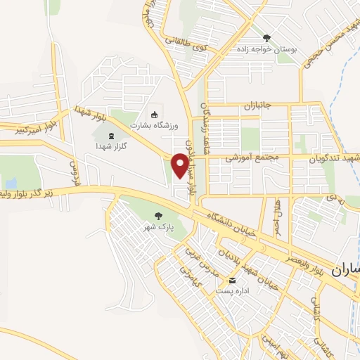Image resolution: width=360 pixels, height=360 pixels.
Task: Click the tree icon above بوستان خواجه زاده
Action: tap(266, 37)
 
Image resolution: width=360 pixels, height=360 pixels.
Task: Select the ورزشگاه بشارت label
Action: tap(155, 125)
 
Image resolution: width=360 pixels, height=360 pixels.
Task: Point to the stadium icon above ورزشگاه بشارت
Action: tap(155, 114)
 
